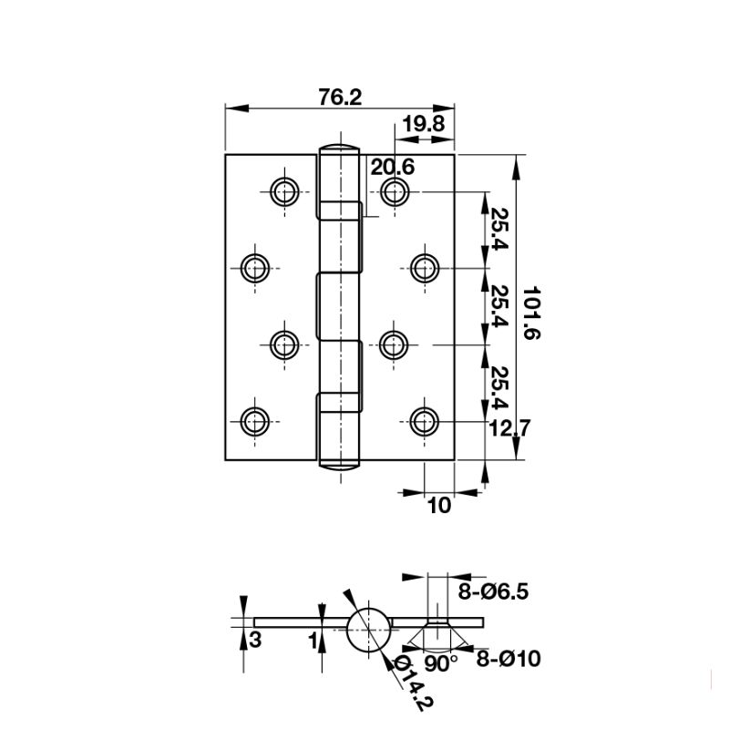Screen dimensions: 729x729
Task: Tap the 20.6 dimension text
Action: pos(393,167)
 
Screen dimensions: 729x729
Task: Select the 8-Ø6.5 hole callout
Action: pos(493,592)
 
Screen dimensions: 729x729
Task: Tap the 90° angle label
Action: pos(441,663)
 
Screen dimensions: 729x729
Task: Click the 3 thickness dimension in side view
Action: pos(256,640)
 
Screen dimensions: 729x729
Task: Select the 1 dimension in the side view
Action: pos(312,641)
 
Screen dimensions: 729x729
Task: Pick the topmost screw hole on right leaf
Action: pos(394,191)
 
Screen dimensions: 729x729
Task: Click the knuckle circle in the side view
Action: pos(368,628)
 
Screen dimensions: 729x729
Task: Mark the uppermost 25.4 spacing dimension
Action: pos(499,230)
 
